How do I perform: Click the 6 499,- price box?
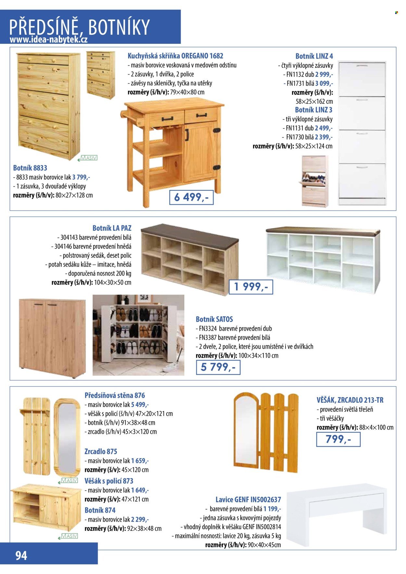point(191,197)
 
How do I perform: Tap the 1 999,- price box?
point(251,287)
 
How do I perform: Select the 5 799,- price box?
point(218,367)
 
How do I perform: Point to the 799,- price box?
point(338,439)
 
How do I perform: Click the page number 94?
point(21,555)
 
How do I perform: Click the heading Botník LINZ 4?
point(314,56)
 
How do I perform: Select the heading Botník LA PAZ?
point(112,228)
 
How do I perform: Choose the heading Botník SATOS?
point(214,319)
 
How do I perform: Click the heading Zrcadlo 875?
point(101,451)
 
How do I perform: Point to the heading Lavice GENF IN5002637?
point(248,500)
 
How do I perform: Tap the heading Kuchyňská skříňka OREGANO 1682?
point(175,56)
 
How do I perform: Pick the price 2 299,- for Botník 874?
point(140,519)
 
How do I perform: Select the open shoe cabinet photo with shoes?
point(138,335)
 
